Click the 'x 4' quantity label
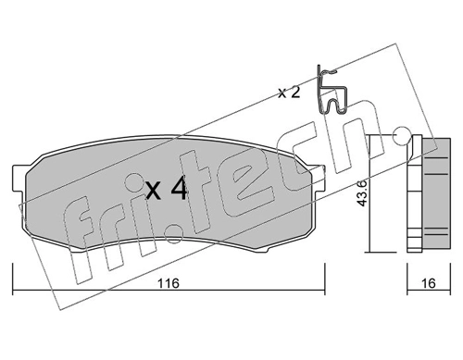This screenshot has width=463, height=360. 167,191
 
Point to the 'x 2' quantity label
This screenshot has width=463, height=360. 291,92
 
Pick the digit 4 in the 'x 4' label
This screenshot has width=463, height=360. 179,191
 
